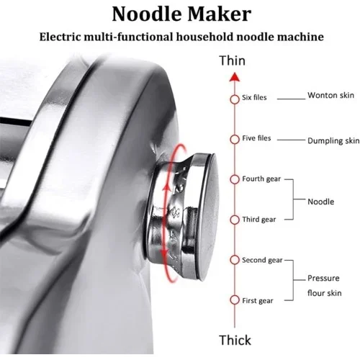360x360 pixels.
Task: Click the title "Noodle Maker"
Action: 181,14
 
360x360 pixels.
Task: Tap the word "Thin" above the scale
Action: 233,60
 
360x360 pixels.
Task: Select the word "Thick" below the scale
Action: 235,340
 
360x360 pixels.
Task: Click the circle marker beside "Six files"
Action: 235,99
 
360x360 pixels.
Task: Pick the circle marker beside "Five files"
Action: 235,139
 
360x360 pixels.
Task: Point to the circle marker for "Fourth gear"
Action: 235,179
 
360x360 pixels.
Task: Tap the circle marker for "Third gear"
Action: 235,220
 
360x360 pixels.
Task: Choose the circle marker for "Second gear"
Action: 235,260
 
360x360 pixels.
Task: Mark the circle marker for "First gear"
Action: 235,300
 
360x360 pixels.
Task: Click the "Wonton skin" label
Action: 330,95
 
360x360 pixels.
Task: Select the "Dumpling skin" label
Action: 333,140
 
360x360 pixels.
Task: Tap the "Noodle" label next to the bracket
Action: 320,202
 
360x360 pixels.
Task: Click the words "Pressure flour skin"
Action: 325,286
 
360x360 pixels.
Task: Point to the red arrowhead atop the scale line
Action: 235,77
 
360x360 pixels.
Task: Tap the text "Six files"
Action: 254,97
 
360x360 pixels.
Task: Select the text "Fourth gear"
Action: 261,179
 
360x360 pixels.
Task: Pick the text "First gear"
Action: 257,301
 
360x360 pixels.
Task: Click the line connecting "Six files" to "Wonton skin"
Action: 291,99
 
